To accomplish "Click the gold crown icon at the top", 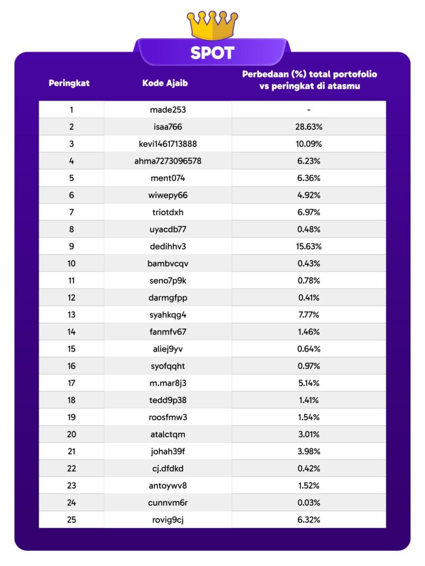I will point(212,24).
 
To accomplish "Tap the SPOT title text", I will point(212,53).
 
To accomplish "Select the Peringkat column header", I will point(69,83).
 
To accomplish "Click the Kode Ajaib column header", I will point(164,83).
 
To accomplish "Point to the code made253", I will point(168,109).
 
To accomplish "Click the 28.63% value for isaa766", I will point(309,127).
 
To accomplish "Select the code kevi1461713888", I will point(168,144).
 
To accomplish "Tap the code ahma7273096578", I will point(168,161).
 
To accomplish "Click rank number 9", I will point(71,247).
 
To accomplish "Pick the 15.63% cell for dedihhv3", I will point(309,247).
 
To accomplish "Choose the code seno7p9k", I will point(168,281).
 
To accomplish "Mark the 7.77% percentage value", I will point(309,315).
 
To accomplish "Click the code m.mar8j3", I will point(168,383).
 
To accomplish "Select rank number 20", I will point(71,434).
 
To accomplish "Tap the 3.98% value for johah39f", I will point(309,452).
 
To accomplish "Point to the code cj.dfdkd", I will point(168,469).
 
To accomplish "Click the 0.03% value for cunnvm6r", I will point(309,503).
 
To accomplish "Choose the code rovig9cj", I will point(168,520).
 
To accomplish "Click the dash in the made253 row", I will point(309,109).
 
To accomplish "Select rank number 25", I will point(71,520).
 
